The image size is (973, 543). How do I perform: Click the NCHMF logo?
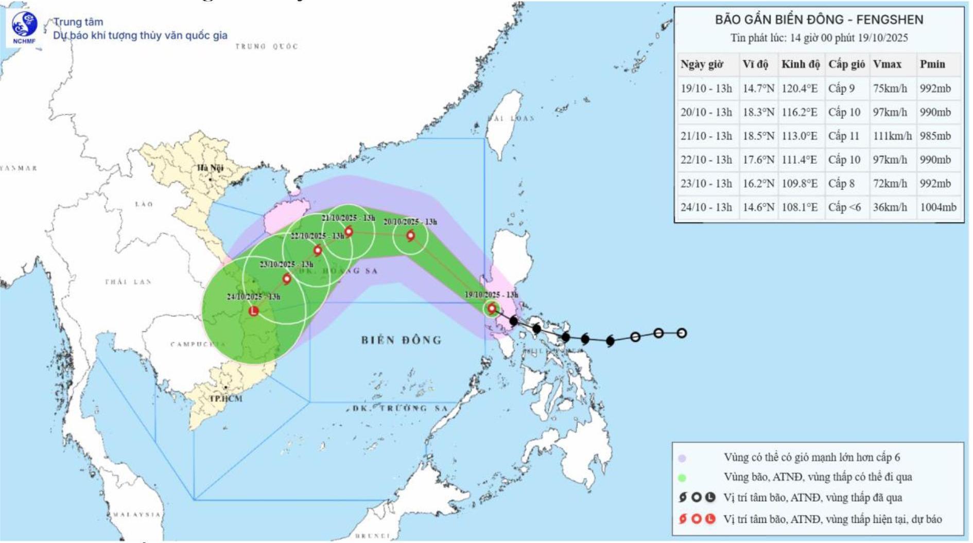click(x=24, y=27)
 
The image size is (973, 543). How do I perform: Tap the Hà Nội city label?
click(x=210, y=168)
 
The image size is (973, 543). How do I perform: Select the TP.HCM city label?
click(x=225, y=398)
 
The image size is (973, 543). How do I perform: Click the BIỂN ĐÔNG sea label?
click(x=401, y=340)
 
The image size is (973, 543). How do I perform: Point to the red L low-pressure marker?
click(x=254, y=311)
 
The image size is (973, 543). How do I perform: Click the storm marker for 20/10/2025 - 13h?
click(x=410, y=236)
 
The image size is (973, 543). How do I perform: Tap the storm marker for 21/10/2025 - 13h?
click(x=349, y=232)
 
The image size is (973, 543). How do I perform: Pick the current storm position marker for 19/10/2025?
click(x=492, y=309)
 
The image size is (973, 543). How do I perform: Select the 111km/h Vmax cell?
click(x=892, y=136)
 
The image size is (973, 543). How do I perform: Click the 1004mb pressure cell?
click(x=938, y=207)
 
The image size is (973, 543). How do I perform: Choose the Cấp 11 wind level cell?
click(x=844, y=136)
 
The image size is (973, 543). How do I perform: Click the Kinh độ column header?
click(x=800, y=64)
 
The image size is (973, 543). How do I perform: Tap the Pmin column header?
click(x=932, y=64)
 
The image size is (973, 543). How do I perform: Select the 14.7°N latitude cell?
click(x=758, y=89)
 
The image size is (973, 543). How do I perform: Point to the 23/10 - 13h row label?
click(x=706, y=183)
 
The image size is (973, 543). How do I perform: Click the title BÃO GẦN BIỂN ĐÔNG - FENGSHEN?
click(x=819, y=20)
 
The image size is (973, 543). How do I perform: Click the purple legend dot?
click(x=682, y=458)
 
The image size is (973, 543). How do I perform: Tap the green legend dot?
click(x=682, y=478)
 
